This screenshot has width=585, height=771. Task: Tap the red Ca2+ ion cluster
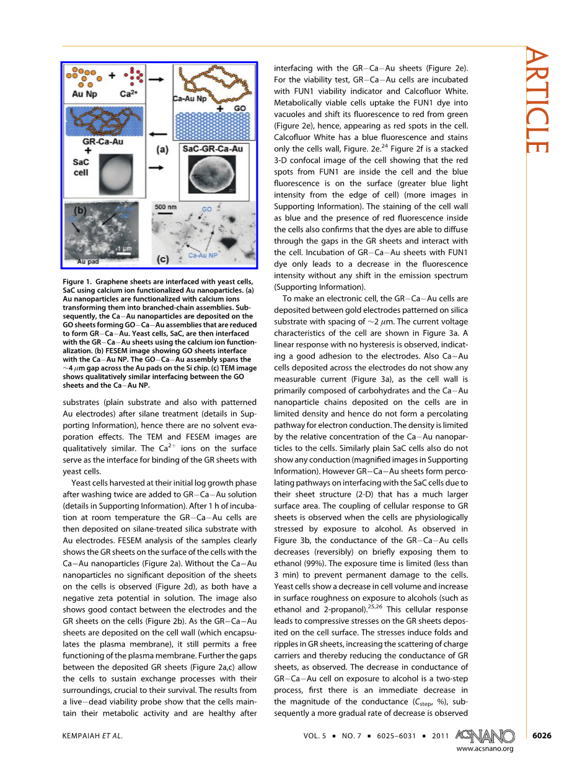coord(134,77)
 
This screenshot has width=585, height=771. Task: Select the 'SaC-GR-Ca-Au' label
coord(212,149)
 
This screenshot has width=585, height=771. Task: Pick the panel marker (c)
coord(163,259)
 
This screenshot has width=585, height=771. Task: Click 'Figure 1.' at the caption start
coord(79,282)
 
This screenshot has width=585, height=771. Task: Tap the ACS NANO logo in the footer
coord(485,736)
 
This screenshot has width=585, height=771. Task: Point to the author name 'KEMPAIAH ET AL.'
coord(93,736)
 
